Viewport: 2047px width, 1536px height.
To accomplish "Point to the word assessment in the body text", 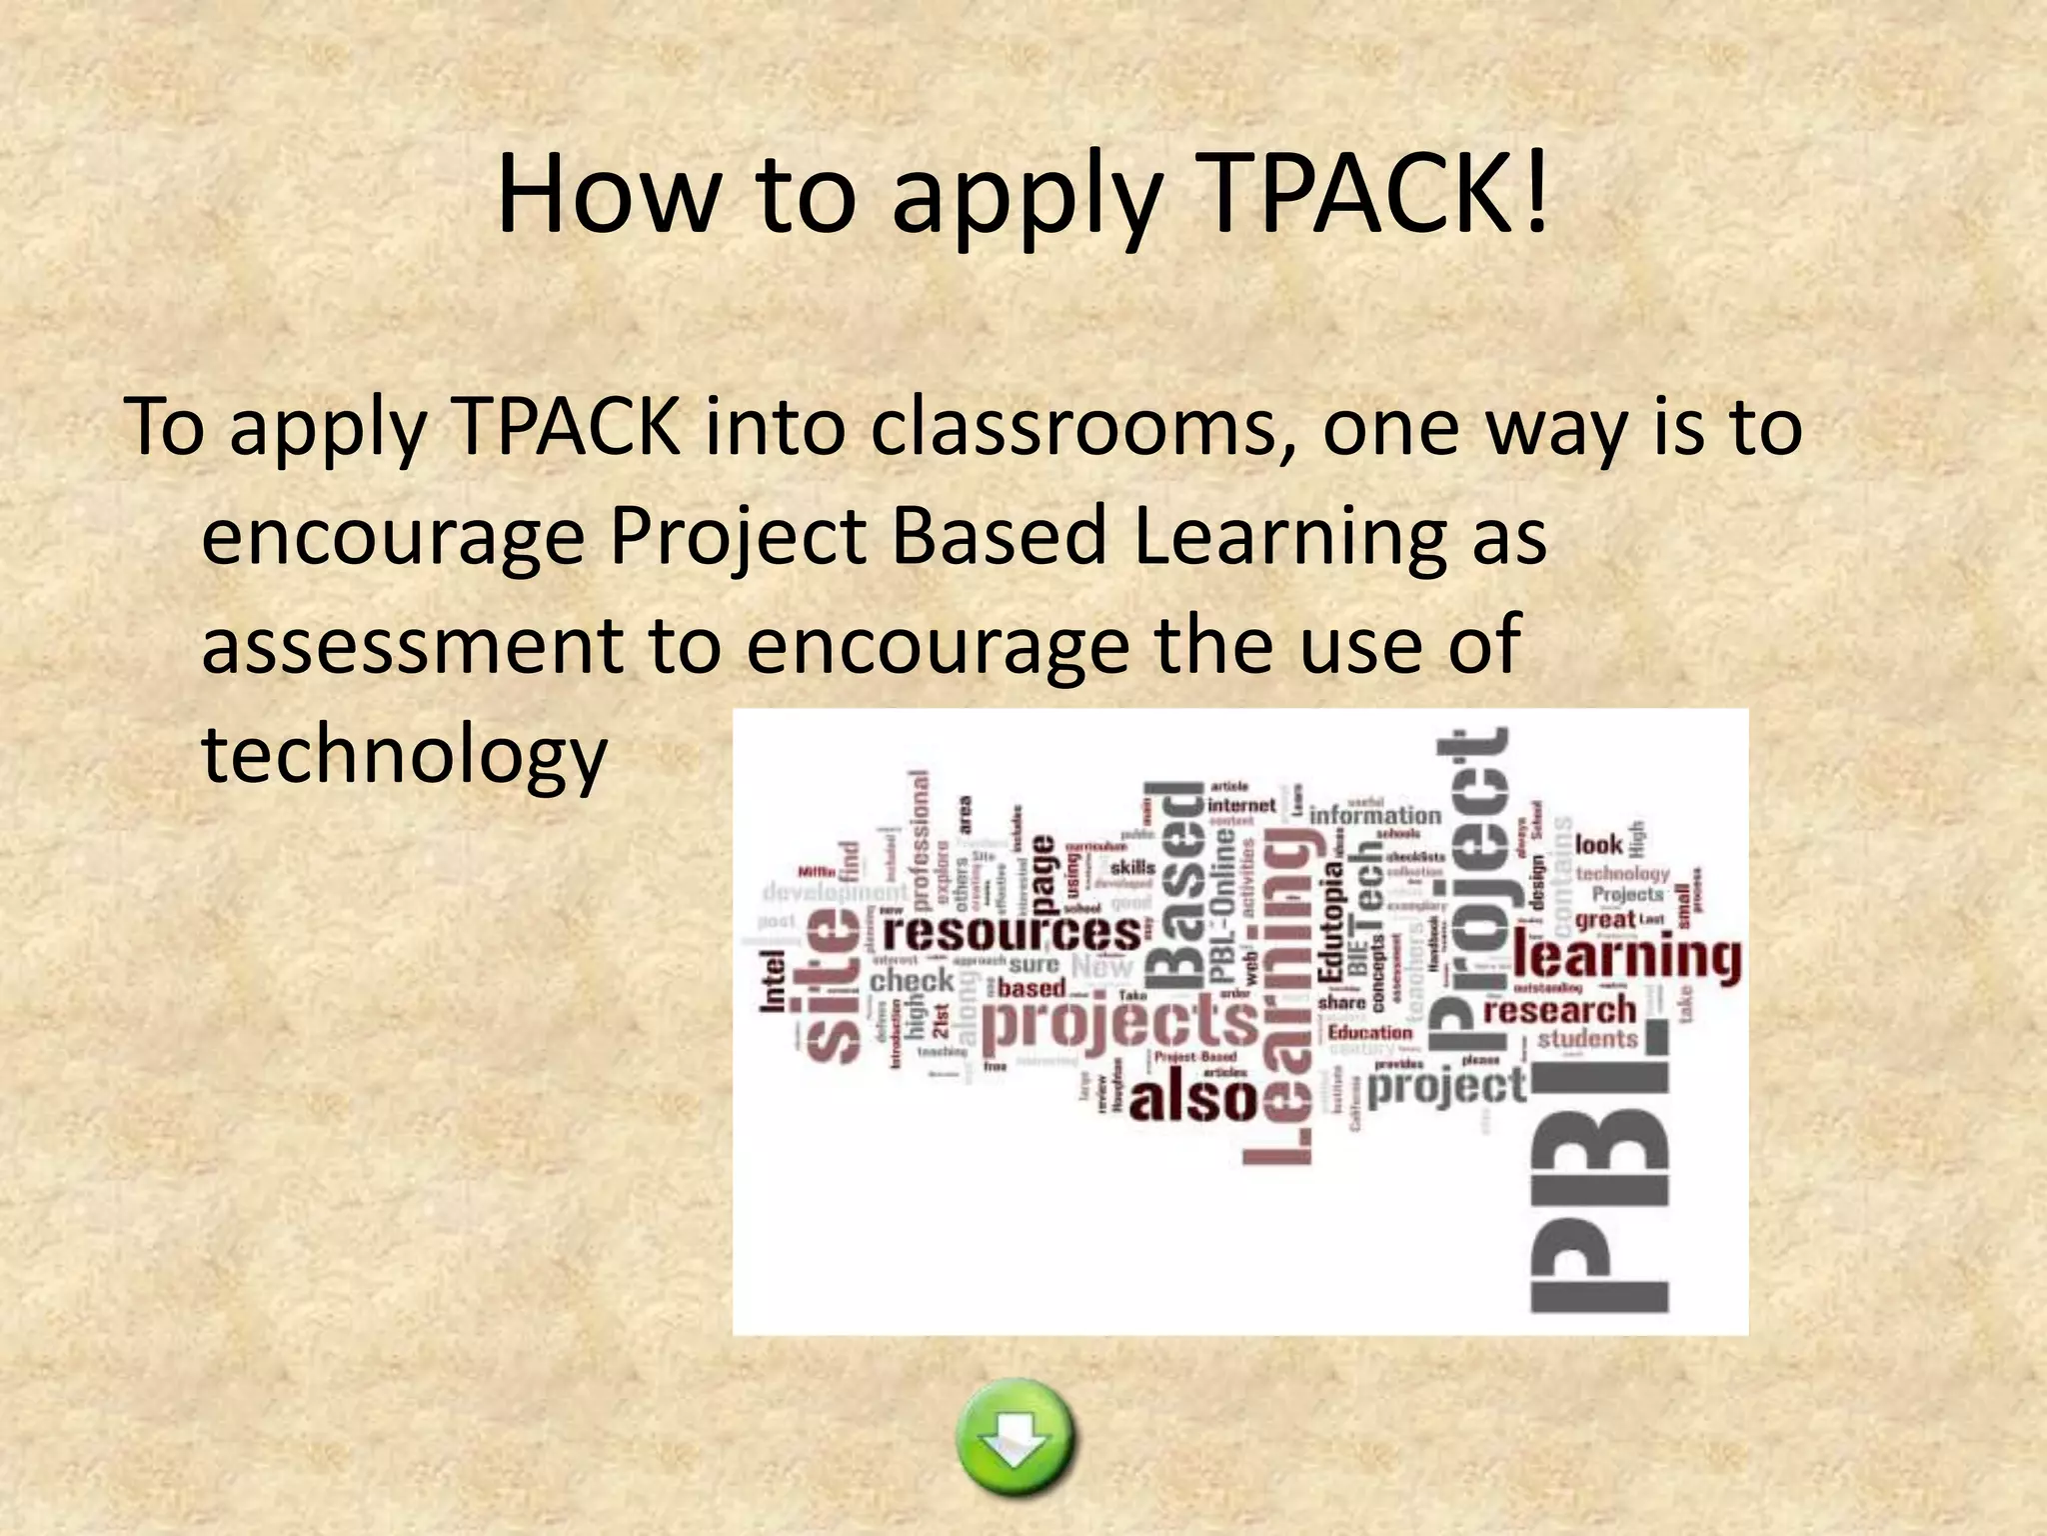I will tap(412, 645).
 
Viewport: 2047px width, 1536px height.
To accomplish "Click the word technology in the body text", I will tap(404, 755).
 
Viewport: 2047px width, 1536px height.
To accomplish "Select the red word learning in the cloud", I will tap(1627, 957).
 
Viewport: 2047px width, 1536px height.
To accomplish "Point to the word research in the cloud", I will tap(1559, 1011).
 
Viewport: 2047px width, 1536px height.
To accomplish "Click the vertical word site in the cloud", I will tap(834, 985).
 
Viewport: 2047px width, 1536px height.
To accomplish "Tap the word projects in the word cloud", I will tap(1119, 1024).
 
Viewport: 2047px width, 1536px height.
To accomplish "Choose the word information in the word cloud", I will tap(1374, 815).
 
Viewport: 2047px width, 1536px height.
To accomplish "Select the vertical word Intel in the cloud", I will tap(775, 980).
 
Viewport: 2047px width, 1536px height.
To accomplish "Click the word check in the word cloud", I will tap(912, 980).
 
